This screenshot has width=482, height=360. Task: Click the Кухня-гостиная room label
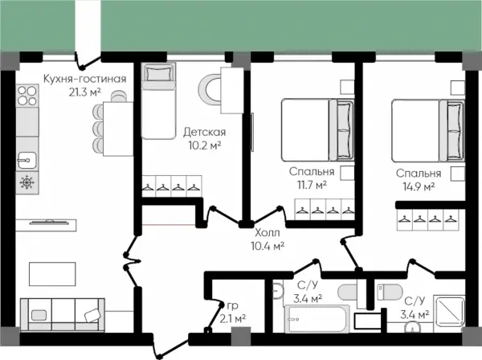click(85, 79)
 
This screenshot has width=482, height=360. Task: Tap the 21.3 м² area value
click(85, 92)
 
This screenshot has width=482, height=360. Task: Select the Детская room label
click(204, 133)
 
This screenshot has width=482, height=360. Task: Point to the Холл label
click(268, 233)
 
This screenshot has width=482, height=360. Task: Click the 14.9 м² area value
click(419, 186)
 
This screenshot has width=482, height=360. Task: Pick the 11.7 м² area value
click(312, 185)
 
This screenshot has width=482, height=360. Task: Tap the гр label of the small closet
click(233, 306)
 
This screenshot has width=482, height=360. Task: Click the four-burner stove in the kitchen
click(27, 96)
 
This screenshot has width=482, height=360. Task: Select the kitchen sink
click(27, 160)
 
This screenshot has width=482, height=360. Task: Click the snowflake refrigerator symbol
click(27, 182)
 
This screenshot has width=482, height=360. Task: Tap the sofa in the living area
click(63, 315)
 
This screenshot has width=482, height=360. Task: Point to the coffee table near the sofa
click(52, 274)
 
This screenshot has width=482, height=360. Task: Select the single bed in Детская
click(158, 100)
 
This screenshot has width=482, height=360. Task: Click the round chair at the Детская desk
click(210, 90)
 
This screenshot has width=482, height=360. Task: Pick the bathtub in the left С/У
click(317, 319)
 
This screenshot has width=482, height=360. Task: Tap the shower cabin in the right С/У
click(449, 311)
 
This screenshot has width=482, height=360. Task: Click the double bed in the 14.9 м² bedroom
click(428, 130)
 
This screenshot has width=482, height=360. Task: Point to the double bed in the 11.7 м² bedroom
click(318, 129)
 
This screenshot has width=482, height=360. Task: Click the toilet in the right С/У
click(390, 292)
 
